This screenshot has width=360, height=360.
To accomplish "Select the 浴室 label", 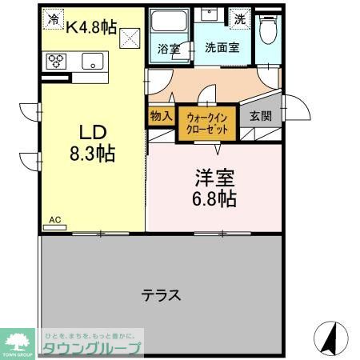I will tap(169, 47).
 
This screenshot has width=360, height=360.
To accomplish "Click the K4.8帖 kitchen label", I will tap(91, 26).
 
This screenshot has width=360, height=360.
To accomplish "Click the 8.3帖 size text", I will tap(90, 154).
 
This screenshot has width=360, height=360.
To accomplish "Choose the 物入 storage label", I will tap(160, 116).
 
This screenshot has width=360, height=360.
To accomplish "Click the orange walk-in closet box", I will tap(205, 122).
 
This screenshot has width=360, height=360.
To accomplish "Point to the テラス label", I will tap(161, 294).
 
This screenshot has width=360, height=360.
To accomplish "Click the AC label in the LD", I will tap(54, 219).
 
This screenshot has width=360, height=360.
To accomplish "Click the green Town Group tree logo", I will tap(18, 341).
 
